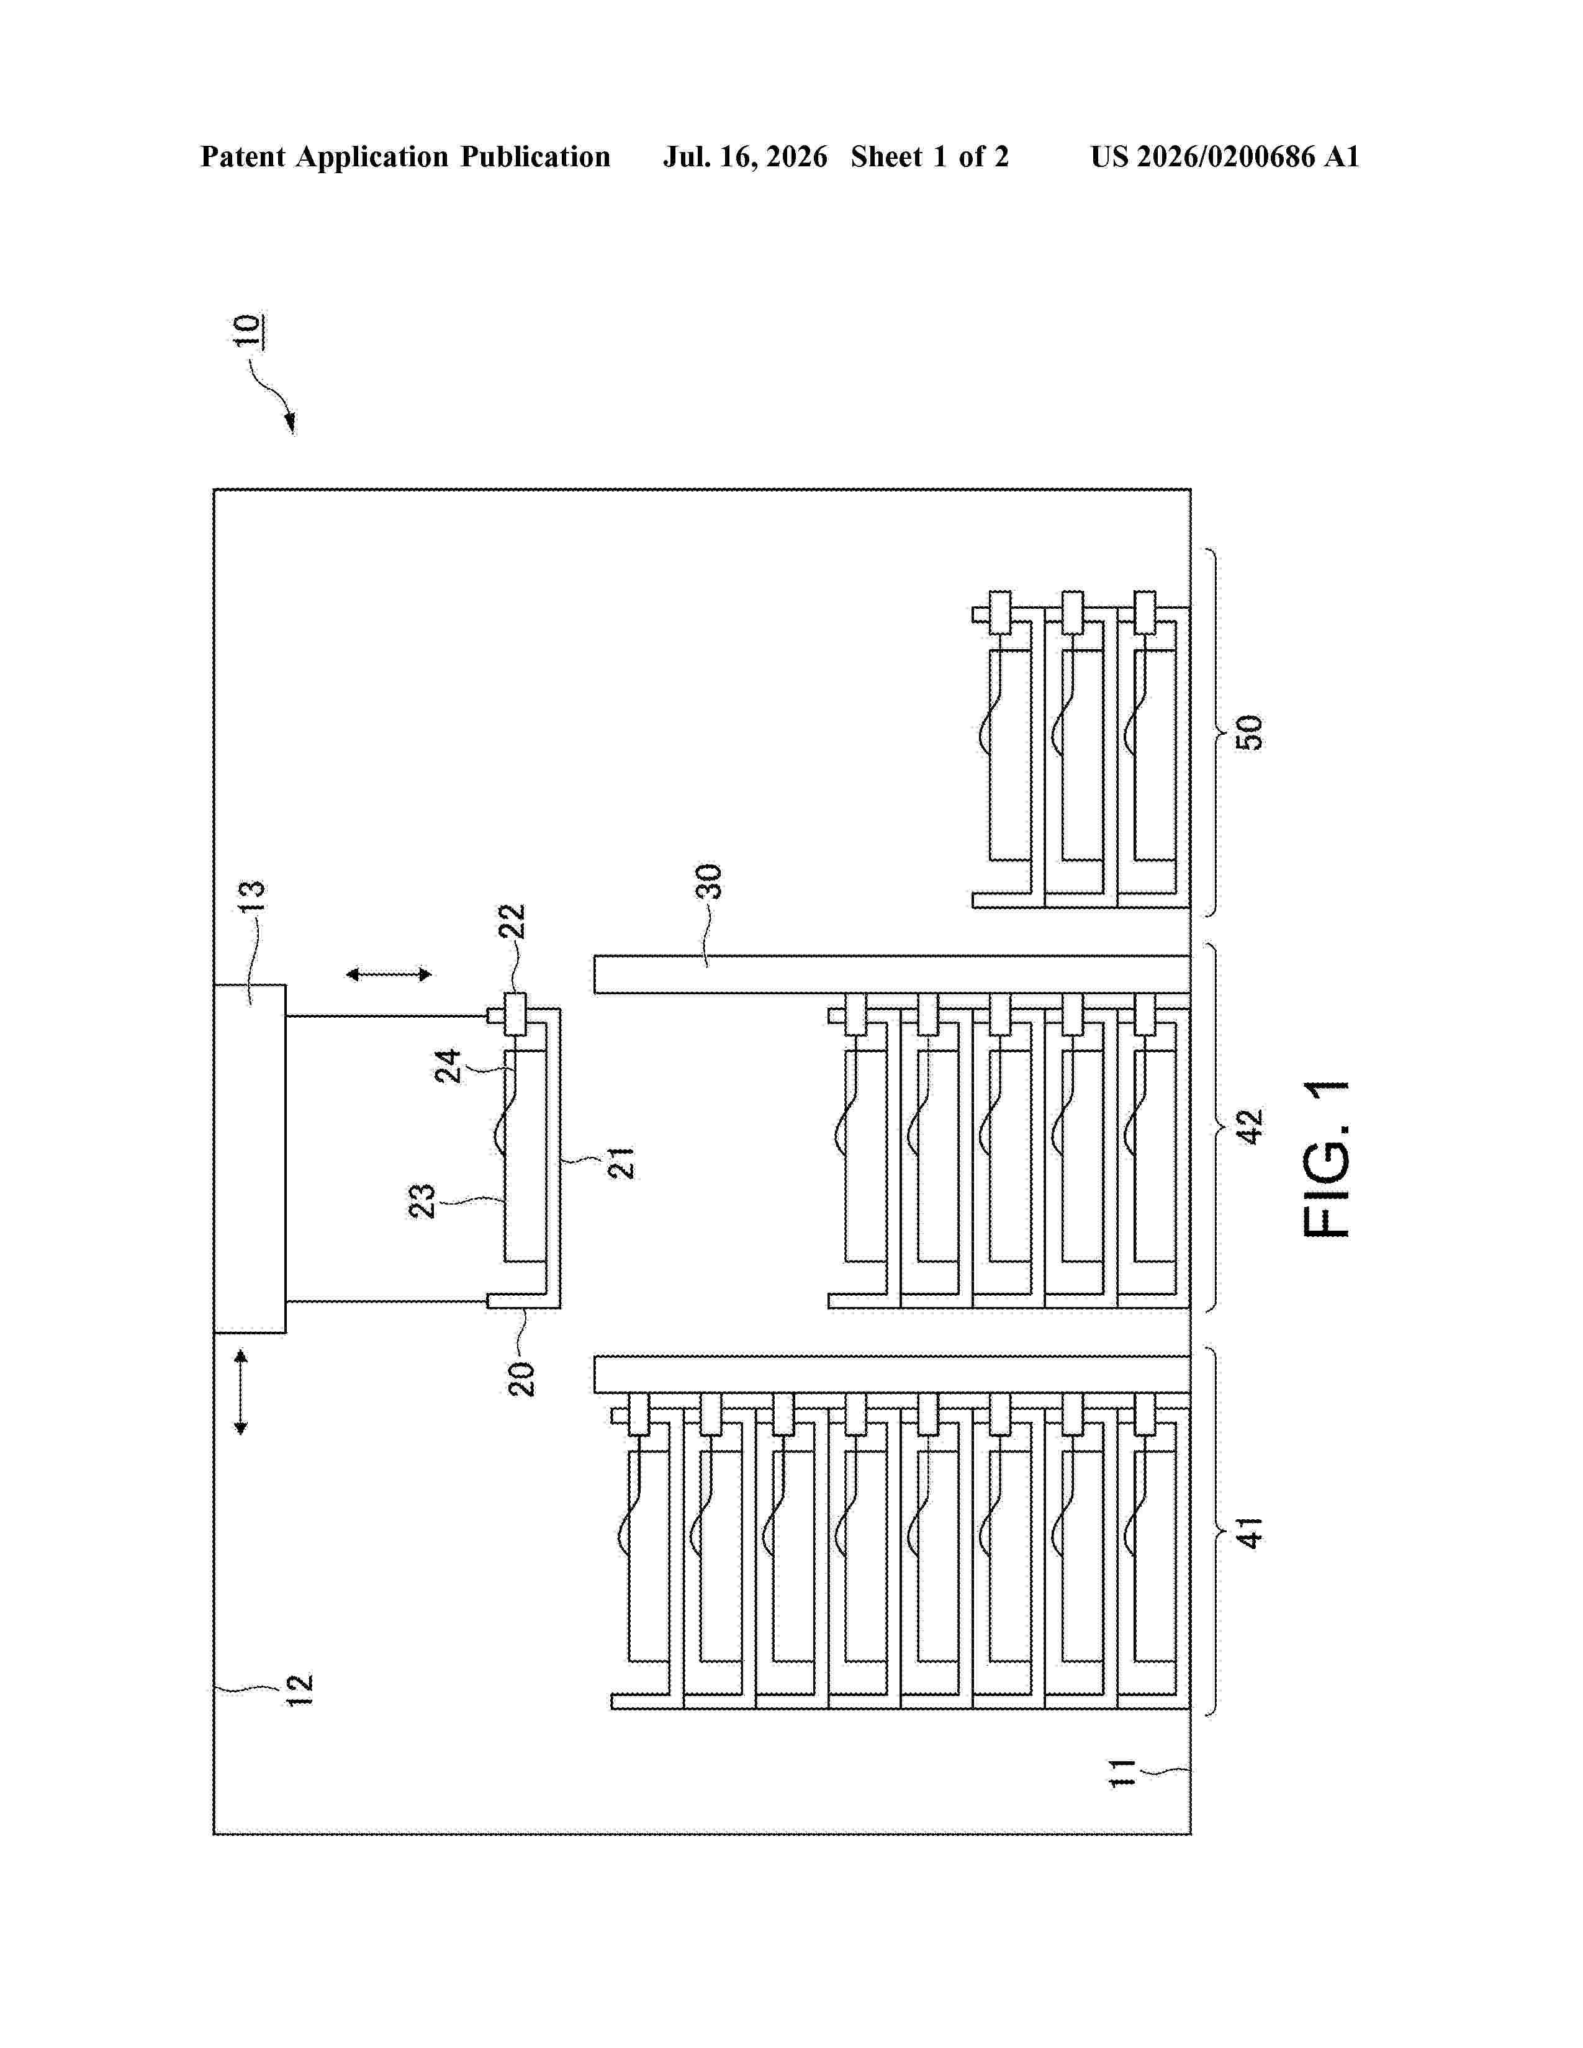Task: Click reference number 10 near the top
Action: click(248, 330)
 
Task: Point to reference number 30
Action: click(709, 881)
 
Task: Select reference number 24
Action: click(448, 1066)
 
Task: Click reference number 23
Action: click(422, 1201)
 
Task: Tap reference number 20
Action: click(521, 1380)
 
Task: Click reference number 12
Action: click(299, 1690)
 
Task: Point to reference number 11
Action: click(1122, 1773)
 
